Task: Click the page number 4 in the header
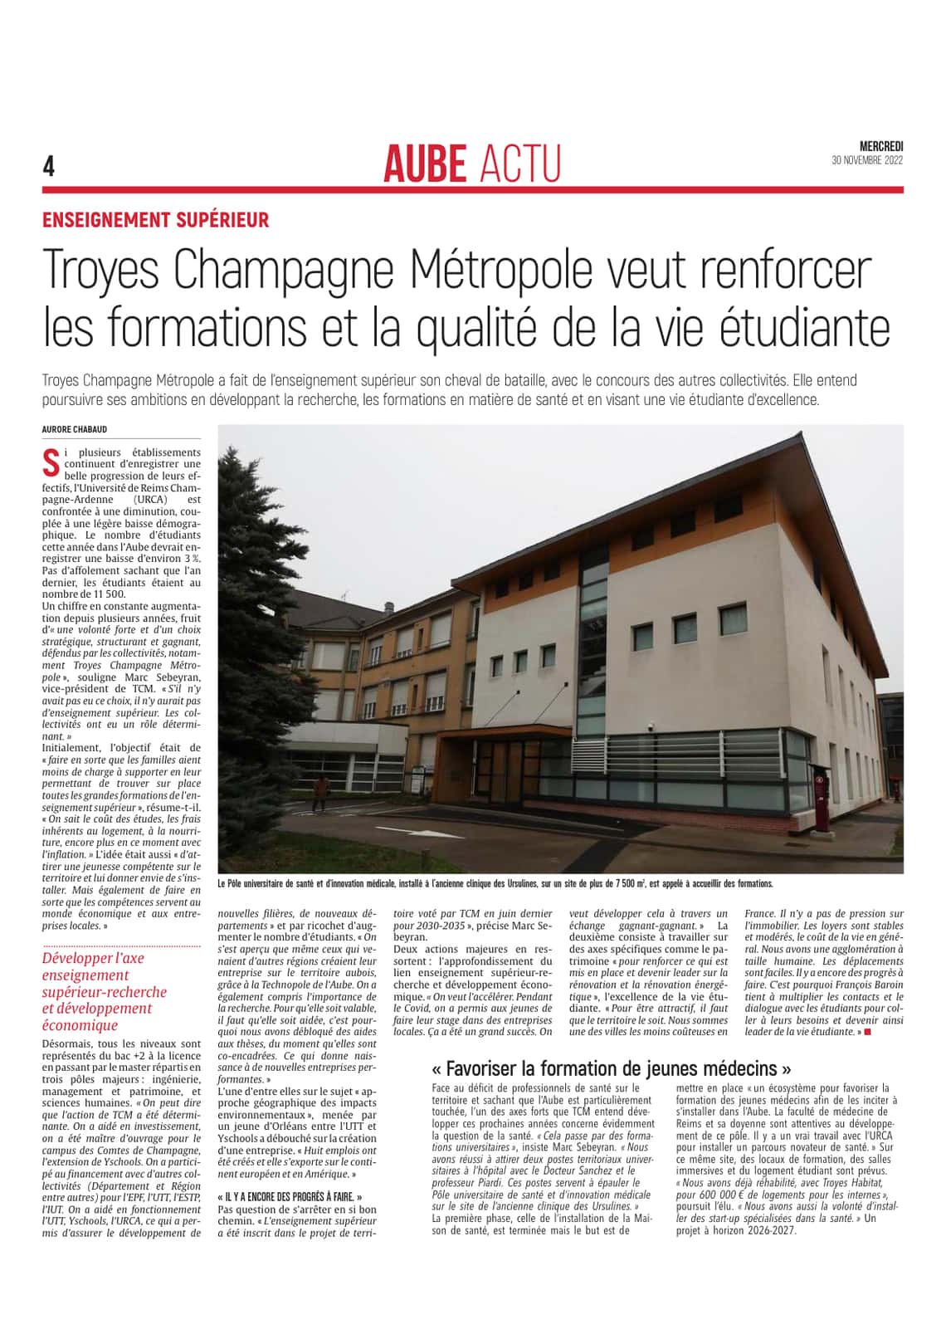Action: click(48, 168)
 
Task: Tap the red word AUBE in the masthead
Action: click(426, 164)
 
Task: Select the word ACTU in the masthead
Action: click(520, 164)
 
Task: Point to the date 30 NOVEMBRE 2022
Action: click(867, 160)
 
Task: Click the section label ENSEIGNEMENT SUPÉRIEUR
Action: click(156, 220)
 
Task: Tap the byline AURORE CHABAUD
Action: click(74, 429)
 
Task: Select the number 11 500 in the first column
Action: click(105, 594)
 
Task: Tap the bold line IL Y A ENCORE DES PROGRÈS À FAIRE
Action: click(290, 1197)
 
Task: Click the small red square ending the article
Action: click(868, 1032)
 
